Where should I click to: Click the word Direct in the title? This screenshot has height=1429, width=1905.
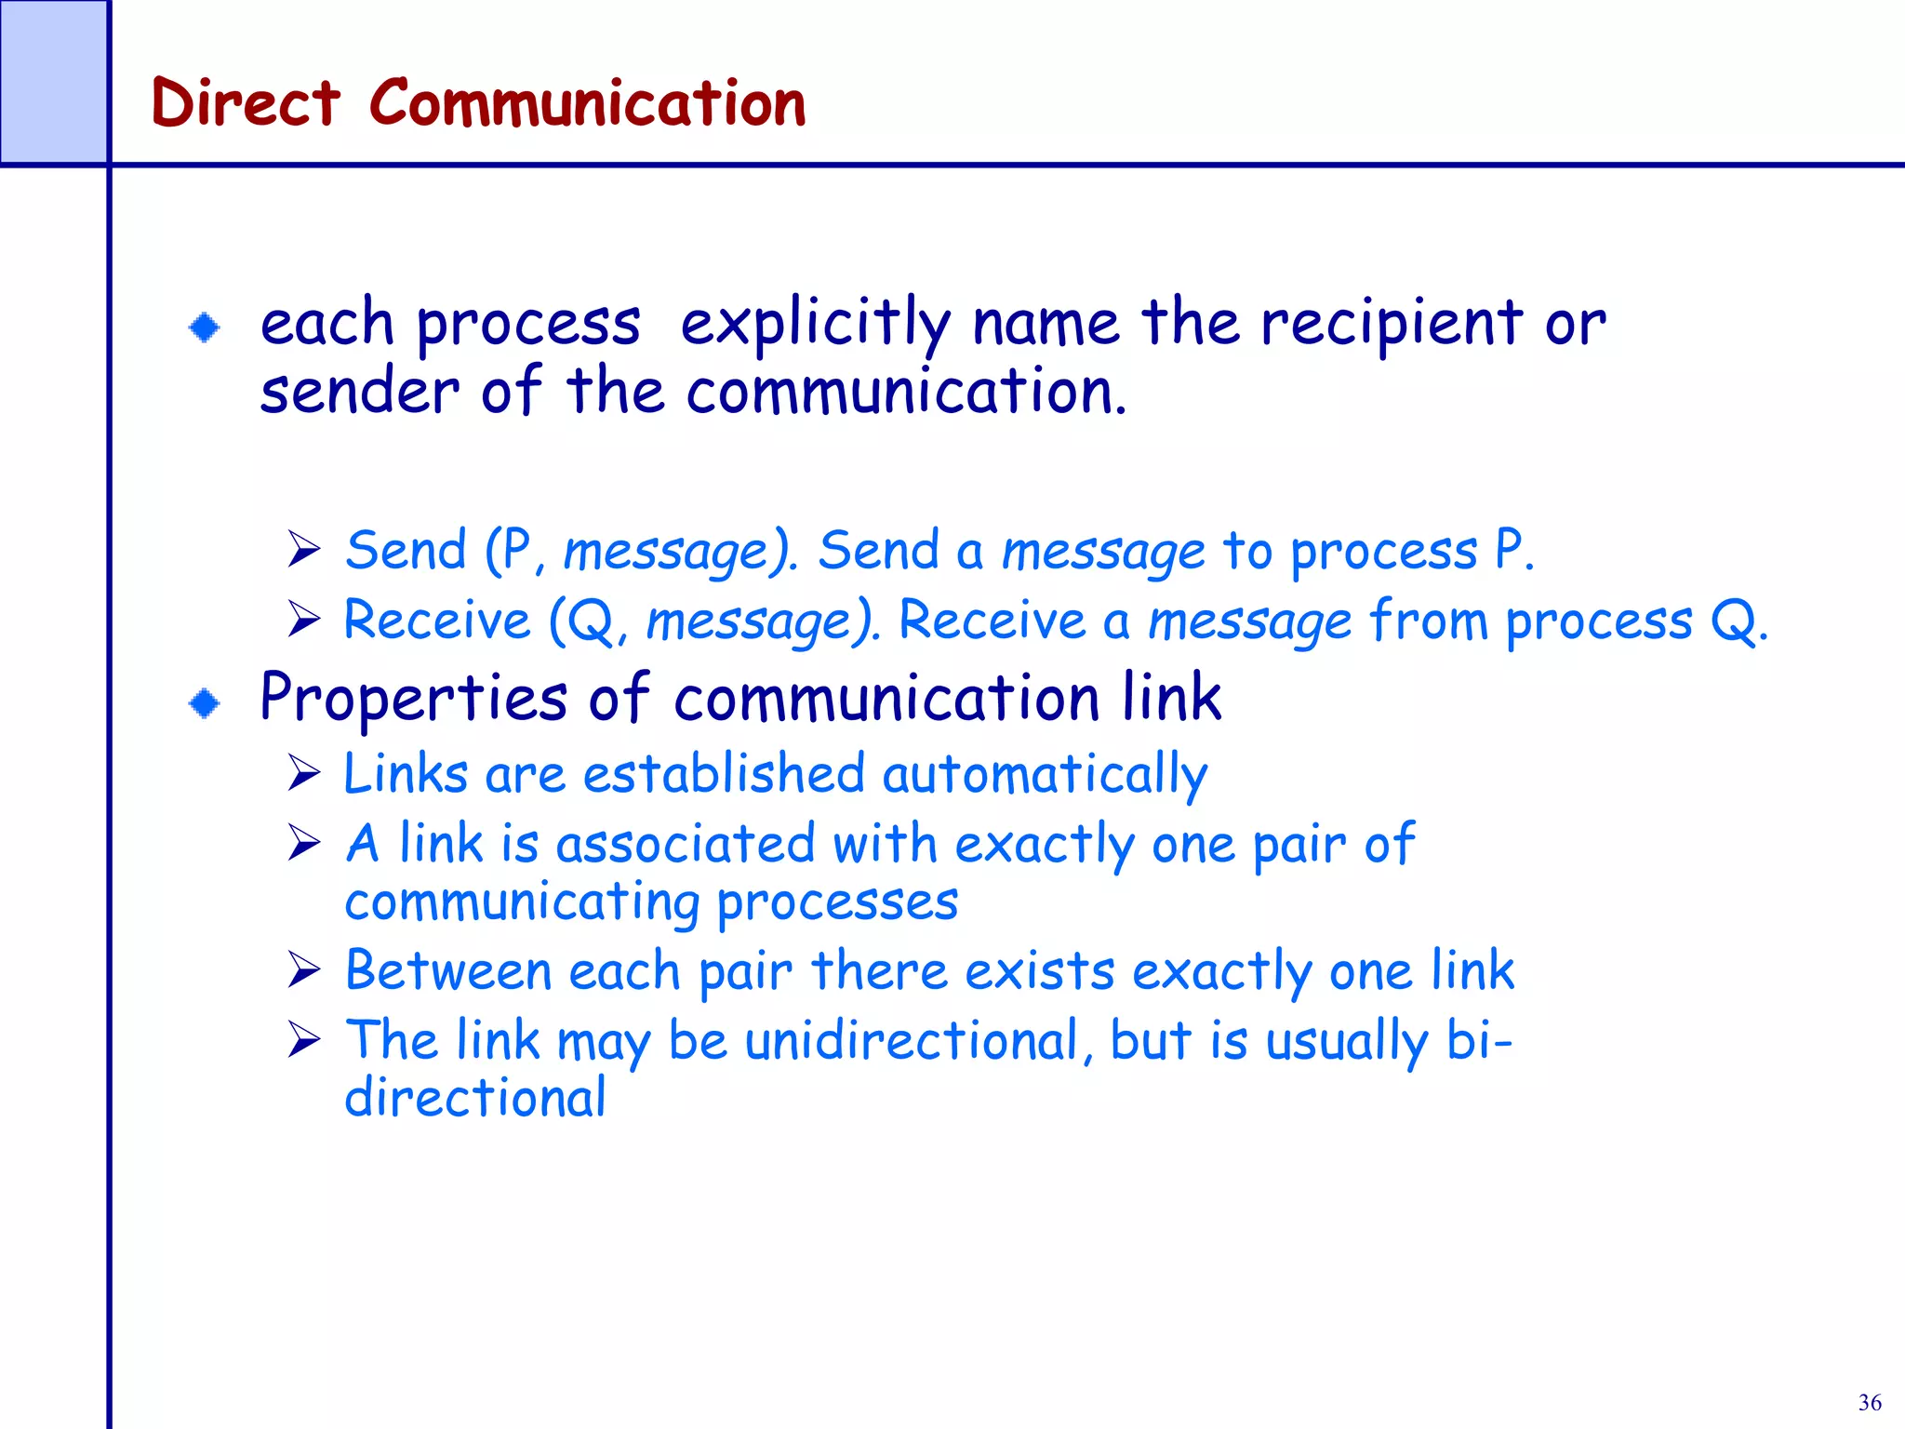pyautogui.click(x=245, y=102)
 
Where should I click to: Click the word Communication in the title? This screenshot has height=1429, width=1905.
pyautogui.click(x=587, y=102)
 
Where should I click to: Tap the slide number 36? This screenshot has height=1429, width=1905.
pyautogui.click(x=1869, y=1402)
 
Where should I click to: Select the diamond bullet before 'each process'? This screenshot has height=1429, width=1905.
pyautogui.click(x=205, y=327)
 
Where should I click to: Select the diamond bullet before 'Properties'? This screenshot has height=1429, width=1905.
pyautogui.click(x=205, y=703)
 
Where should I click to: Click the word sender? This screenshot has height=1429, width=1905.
pyautogui.click(x=359, y=391)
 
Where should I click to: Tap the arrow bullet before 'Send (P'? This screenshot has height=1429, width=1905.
pyautogui.click(x=304, y=549)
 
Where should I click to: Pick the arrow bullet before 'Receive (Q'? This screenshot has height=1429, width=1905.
pyautogui.click(x=304, y=619)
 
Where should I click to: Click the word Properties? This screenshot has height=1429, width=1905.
pyautogui.click(x=413, y=699)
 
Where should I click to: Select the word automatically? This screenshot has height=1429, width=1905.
pyautogui.click(x=1045, y=775)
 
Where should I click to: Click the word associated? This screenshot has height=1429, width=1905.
pyautogui.click(x=685, y=845)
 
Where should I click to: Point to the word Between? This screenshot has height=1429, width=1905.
pyautogui.click(x=448, y=971)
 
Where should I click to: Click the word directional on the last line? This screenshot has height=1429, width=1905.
pyautogui.click(x=474, y=1098)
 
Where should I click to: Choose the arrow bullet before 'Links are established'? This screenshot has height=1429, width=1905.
pyautogui.click(x=304, y=773)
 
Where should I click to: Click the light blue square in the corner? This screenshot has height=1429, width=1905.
pyautogui.click(x=53, y=82)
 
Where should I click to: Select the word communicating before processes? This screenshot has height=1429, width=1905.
pyautogui.click(x=522, y=902)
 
